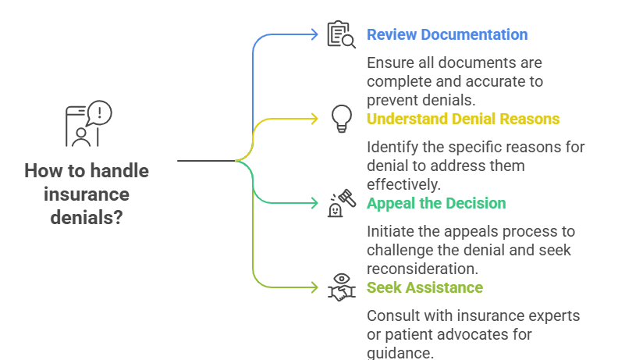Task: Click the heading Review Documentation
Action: tap(447, 35)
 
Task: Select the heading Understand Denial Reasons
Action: tap(463, 119)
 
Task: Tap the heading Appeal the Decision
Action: tap(436, 204)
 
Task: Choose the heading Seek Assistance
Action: tap(424, 288)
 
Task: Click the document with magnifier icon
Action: tap(340, 35)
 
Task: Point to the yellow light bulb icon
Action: tap(341, 119)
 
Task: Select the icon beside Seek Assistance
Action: tap(341, 287)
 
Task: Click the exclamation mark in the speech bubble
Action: tap(100, 112)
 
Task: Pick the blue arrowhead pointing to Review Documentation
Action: tap(316, 34)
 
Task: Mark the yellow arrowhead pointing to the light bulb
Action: tap(316, 119)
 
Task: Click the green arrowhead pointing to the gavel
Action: tap(316, 203)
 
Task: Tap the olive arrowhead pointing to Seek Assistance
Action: tap(316, 287)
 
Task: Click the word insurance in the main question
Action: tap(87, 194)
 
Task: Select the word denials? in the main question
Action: tap(87, 217)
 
